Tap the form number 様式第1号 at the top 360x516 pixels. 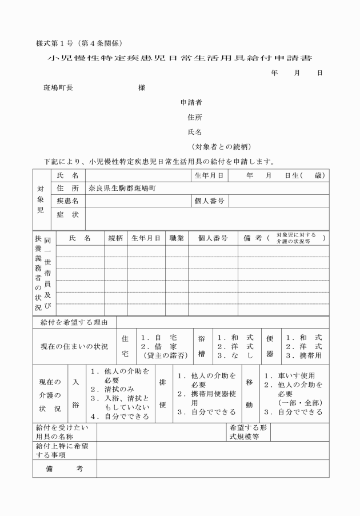tap(55, 43)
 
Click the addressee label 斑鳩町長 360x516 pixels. tap(58, 88)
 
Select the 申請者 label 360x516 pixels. tap(191, 103)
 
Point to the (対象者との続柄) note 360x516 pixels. tap(221, 146)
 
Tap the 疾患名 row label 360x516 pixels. tap(67, 201)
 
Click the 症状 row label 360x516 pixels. tap(67, 215)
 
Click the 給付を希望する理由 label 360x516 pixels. tap(74, 323)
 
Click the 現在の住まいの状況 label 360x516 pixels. tap(74, 347)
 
